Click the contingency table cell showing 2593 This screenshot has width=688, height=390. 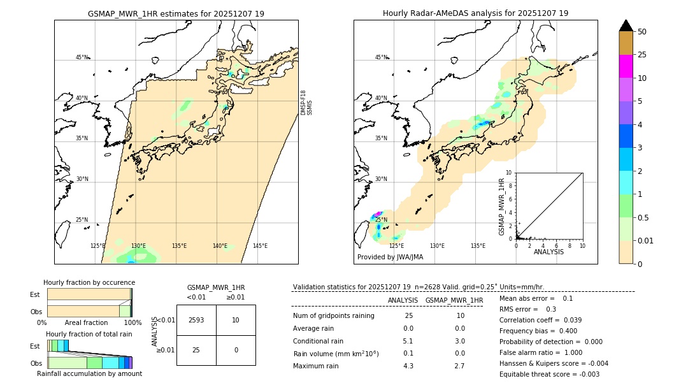[196, 320]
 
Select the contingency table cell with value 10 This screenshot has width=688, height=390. [236, 320]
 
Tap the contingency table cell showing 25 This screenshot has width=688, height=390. [196, 350]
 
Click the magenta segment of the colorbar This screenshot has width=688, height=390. [626, 66]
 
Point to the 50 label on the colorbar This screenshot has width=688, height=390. [642, 32]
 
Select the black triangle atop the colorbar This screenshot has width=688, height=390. [626, 25]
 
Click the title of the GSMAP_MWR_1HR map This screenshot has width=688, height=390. [176, 13]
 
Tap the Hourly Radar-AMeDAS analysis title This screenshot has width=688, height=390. [475, 13]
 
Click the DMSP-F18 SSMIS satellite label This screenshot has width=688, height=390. [306, 103]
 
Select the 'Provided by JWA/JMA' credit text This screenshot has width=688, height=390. [390, 257]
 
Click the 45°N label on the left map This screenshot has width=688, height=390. [82, 57]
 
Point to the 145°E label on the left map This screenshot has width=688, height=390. [260, 246]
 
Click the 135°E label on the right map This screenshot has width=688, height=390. [478, 246]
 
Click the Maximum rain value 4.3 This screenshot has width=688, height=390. [408, 366]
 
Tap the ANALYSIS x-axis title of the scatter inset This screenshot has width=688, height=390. [548, 252]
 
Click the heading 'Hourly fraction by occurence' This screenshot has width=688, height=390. [89, 282]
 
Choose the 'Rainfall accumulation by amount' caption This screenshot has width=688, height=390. [89, 373]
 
